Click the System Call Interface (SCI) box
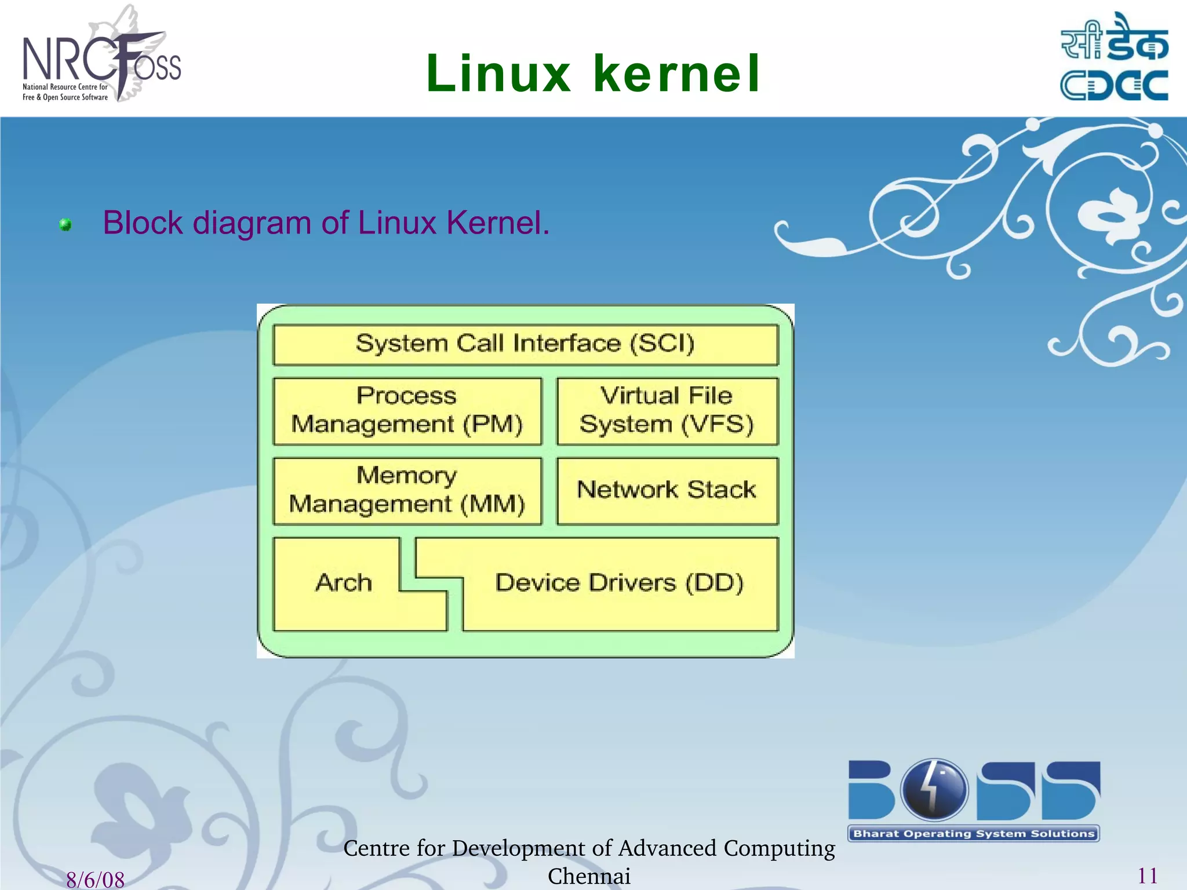pyautogui.click(x=525, y=344)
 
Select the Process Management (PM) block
pyautogui.click(x=407, y=411)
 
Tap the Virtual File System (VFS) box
pyautogui.click(x=667, y=411)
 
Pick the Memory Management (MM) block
pyautogui.click(x=407, y=491)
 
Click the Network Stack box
pyautogui.click(x=667, y=490)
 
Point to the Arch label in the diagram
pyautogui.click(x=344, y=583)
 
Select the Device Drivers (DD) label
pyautogui.click(x=619, y=583)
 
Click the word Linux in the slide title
pyautogui.click(x=498, y=74)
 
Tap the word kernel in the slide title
pyautogui.click(x=676, y=74)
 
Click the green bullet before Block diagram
pyautogui.click(x=65, y=225)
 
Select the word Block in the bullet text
pyautogui.click(x=143, y=223)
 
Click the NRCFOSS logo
pyautogui.click(x=101, y=58)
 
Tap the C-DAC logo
pyautogui.click(x=1114, y=58)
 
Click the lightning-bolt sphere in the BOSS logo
pyautogui.click(x=934, y=789)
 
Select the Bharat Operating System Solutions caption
pyautogui.click(x=974, y=834)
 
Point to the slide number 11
pyautogui.click(x=1148, y=876)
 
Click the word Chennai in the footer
pyautogui.click(x=589, y=876)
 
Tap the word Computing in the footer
pyautogui.click(x=779, y=848)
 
